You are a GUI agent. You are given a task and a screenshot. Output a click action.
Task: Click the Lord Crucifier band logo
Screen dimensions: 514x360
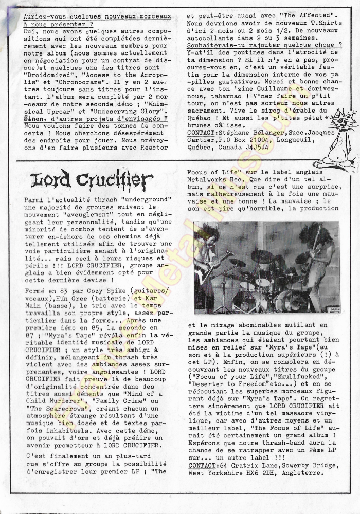coord(91,181)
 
